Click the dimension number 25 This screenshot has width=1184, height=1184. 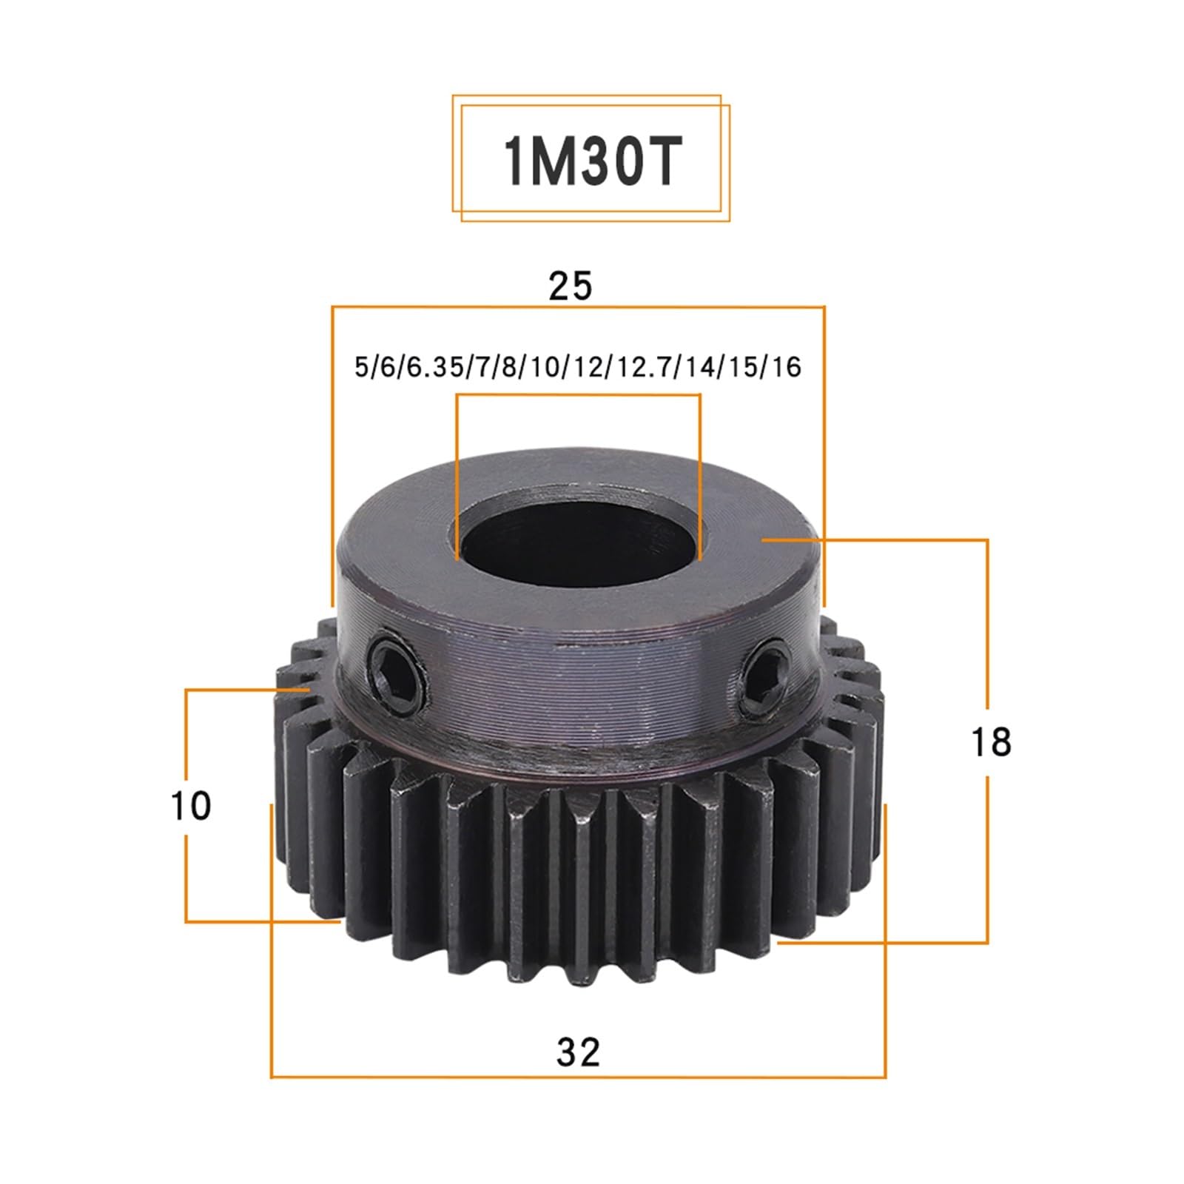[x=571, y=286]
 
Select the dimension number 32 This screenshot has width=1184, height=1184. [x=578, y=1052]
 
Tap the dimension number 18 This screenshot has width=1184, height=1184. [x=990, y=741]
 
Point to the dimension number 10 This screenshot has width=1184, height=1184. [x=191, y=806]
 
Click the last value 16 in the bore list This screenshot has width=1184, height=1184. [x=786, y=368]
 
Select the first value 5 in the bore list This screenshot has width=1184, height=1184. [x=361, y=368]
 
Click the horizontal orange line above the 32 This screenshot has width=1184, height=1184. [x=578, y=1077]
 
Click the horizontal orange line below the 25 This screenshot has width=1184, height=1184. [x=578, y=306]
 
